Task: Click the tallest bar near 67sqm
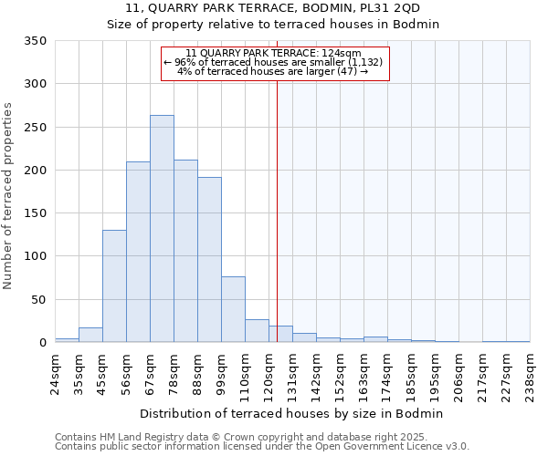click(162, 228)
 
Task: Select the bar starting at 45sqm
click(114, 285)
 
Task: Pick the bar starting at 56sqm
click(138, 252)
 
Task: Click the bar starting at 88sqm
click(209, 259)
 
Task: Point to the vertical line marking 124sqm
click(278, 201)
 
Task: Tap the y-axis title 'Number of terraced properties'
click(9, 196)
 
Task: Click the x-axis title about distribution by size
click(292, 413)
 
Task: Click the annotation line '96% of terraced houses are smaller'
click(275, 62)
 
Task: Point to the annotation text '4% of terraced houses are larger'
click(272, 71)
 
